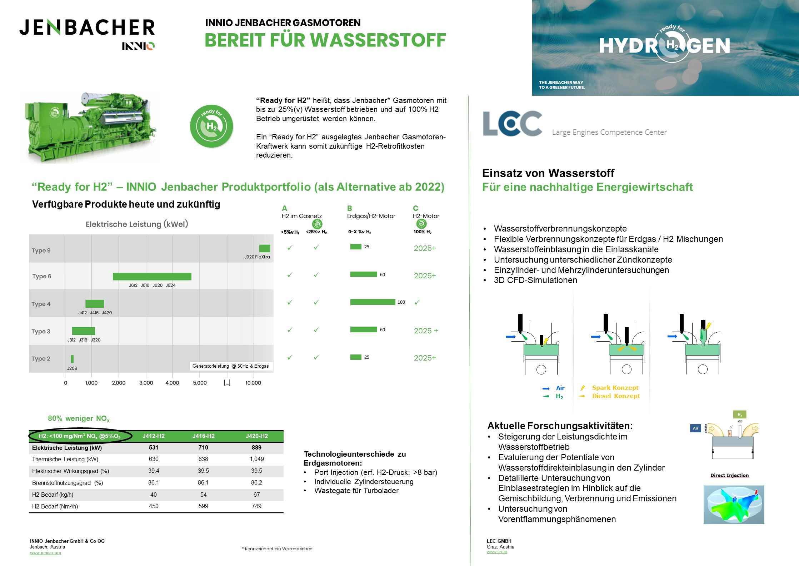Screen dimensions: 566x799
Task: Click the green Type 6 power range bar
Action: click(x=152, y=276)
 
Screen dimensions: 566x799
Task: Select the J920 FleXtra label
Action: click(x=257, y=257)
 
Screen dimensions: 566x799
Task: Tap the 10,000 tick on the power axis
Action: click(x=253, y=383)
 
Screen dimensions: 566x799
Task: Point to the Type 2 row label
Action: click(x=41, y=358)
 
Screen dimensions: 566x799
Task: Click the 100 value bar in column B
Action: click(x=373, y=302)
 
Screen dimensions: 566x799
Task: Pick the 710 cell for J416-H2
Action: click(x=203, y=447)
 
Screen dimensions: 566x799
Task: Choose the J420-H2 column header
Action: click(x=256, y=436)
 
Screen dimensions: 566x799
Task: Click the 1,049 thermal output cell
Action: click(x=256, y=459)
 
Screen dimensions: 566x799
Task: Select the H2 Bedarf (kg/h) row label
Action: click(x=53, y=495)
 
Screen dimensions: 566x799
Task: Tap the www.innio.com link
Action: click(x=45, y=553)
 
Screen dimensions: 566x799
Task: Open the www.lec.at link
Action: click(x=496, y=552)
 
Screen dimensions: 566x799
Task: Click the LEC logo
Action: click(x=513, y=124)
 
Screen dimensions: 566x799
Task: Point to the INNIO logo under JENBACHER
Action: click(x=138, y=46)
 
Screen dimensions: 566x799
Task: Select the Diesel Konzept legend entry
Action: click(x=615, y=396)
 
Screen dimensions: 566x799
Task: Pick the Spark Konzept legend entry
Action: click(x=615, y=388)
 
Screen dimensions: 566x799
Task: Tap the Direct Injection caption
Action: click(x=729, y=475)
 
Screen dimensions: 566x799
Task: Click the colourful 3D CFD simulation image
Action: click(x=734, y=505)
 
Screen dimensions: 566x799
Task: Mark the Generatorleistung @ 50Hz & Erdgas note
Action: click(x=230, y=366)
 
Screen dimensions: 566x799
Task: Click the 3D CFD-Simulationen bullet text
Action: click(x=535, y=280)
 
